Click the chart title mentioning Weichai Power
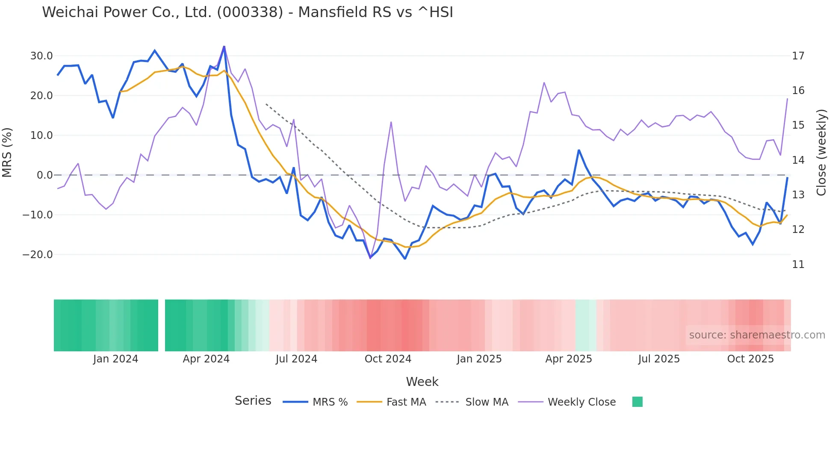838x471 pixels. click(x=247, y=12)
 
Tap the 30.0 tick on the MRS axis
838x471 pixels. click(x=41, y=56)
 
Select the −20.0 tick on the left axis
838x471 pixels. click(x=38, y=255)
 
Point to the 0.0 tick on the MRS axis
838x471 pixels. click(x=44, y=175)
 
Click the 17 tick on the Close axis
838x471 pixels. click(x=798, y=56)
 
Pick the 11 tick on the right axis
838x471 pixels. click(x=798, y=265)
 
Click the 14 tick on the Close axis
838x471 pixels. click(x=798, y=160)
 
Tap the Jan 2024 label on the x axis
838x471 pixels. click(x=115, y=359)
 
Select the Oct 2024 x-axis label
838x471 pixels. click(x=388, y=359)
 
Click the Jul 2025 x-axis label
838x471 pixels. click(x=659, y=359)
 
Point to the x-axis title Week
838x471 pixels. click(x=422, y=382)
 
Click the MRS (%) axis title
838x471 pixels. click(x=7, y=152)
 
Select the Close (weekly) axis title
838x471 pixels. click(x=821, y=152)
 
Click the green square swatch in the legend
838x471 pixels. click(x=637, y=402)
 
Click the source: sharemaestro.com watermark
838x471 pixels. click(x=757, y=335)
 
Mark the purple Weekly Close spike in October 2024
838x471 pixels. click(x=391, y=123)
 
